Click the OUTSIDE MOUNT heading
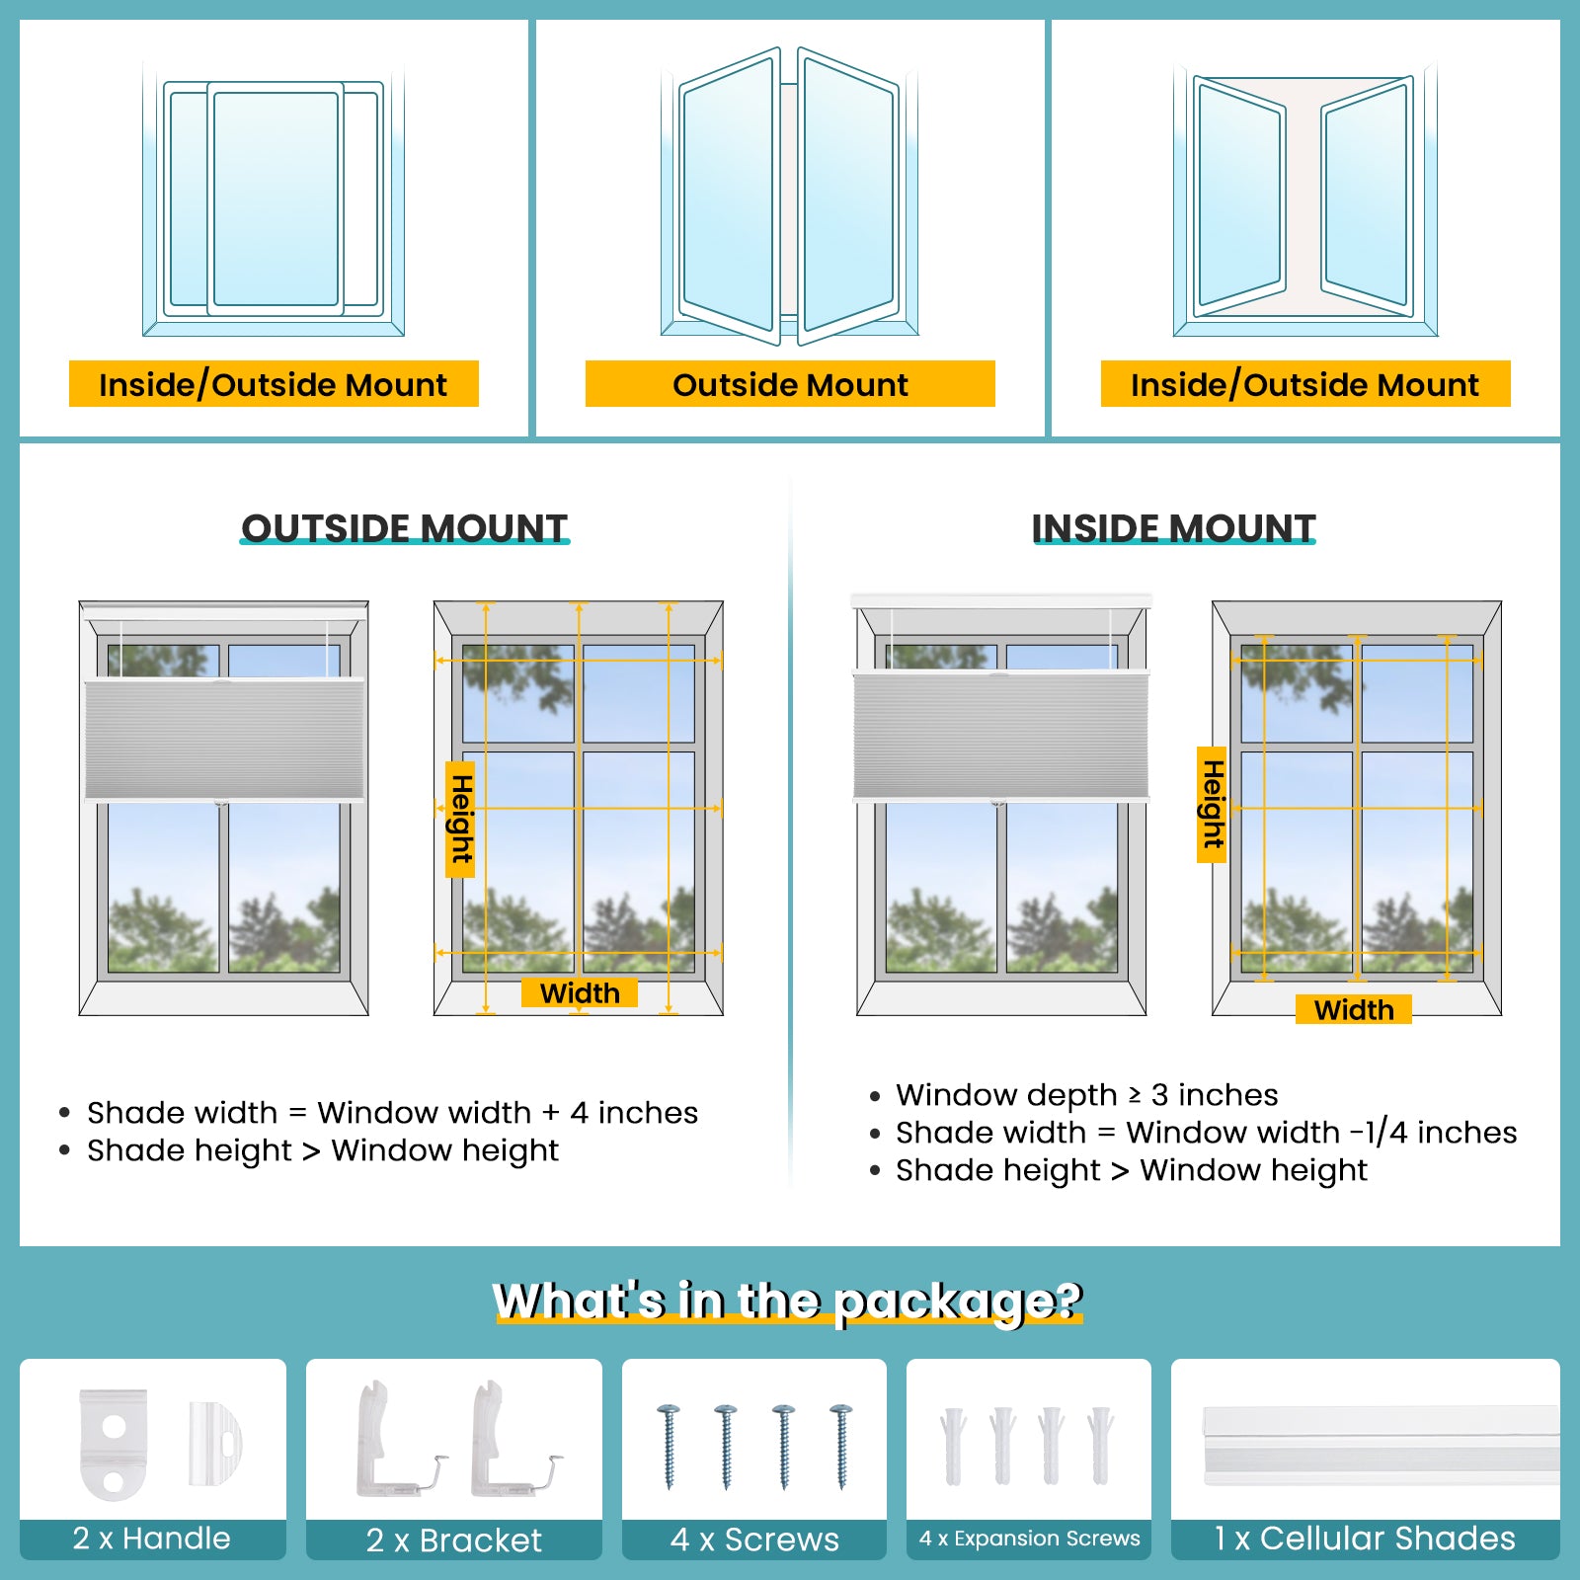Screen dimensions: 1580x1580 [404, 528]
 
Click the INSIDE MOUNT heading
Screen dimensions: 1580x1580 [1173, 528]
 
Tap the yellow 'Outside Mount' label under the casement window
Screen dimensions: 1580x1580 [790, 384]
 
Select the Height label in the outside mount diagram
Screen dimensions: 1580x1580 [460, 819]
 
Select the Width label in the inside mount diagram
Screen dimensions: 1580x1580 [1353, 1009]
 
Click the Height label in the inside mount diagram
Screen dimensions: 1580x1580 [1212, 805]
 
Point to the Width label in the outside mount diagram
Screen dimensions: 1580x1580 [580, 992]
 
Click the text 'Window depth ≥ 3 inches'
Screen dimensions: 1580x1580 [1086, 1094]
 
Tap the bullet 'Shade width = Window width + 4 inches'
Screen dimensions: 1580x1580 [392, 1113]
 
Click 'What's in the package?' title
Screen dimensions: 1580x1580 [788, 1301]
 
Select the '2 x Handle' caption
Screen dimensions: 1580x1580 [152, 1538]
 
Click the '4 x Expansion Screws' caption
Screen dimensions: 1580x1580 [1029, 1538]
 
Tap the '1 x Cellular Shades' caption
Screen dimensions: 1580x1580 [1365, 1538]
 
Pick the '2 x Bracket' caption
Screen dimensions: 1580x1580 [454, 1540]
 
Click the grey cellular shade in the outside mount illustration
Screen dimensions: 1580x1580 [224, 739]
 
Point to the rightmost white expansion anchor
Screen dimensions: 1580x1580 [1100, 1445]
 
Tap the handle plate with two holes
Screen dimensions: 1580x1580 [113, 1445]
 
